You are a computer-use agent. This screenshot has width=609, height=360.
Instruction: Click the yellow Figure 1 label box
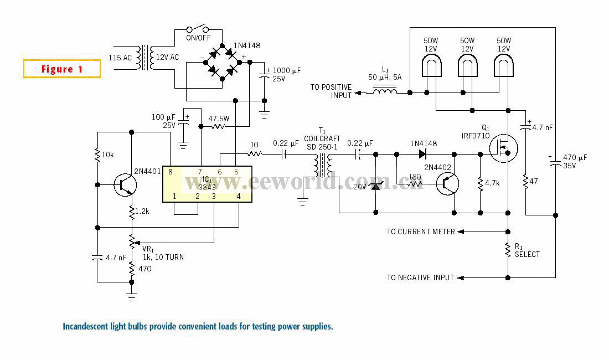[62, 69]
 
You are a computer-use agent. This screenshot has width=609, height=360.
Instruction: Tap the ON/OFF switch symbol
[198, 29]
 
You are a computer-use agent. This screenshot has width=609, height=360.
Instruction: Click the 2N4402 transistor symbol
[447, 184]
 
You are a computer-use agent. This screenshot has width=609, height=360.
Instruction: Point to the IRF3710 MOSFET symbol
[503, 148]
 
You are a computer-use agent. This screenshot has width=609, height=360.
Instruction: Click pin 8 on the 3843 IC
[170, 172]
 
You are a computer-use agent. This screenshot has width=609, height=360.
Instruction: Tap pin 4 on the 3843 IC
[239, 197]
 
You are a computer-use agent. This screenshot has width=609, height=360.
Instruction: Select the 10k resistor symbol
[97, 155]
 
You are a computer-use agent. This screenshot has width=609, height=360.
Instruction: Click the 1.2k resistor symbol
[132, 212]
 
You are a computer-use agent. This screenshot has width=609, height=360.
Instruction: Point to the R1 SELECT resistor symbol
[508, 250]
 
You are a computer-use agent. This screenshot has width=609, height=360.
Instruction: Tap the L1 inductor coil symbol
[385, 91]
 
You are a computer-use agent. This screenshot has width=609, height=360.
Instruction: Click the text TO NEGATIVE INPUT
[420, 277]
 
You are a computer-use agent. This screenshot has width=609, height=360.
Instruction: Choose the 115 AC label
[120, 58]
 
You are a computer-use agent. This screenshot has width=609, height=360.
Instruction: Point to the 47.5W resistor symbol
[218, 126]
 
